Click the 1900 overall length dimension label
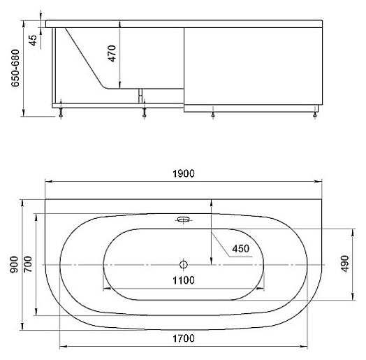point(184,173)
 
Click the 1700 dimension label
point(184,338)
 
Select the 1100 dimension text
point(184,280)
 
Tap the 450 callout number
point(241,249)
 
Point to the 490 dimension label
point(345,264)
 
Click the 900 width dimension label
point(14,264)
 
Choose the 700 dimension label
point(28,264)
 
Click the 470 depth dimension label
point(112,54)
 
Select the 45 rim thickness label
point(33,41)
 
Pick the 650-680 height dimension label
point(15,68)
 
